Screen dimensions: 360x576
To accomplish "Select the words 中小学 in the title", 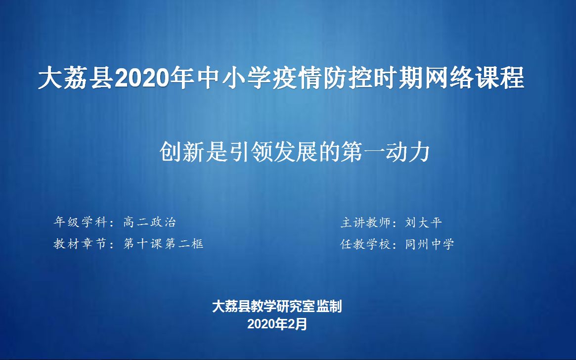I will click(229, 79).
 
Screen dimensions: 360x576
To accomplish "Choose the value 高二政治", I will click(150, 223).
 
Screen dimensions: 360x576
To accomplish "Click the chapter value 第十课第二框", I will click(164, 244).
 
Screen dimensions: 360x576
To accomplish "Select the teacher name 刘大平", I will click(424, 223).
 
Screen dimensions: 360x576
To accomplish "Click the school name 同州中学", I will click(430, 244).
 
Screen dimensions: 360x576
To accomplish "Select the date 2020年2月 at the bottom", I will click(277, 324).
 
